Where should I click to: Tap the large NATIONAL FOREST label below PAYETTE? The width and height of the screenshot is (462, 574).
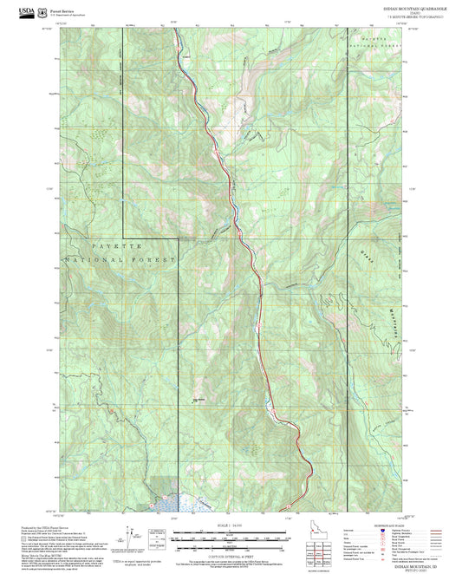tap(120, 259)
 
